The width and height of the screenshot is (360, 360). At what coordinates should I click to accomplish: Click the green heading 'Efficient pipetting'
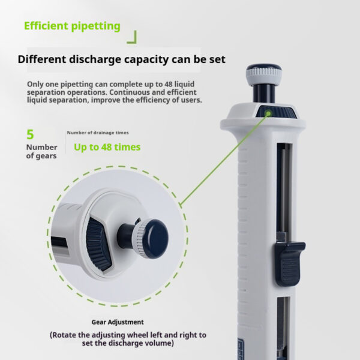click(x=72, y=26)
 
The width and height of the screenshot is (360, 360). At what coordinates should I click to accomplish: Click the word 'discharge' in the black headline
click(x=95, y=59)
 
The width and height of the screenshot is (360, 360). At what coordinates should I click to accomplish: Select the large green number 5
click(x=30, y=134)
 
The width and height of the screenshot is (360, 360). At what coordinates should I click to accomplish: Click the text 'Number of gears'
click(x=41, y=152)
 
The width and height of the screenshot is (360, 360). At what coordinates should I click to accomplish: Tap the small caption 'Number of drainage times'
click(x=98, y=133)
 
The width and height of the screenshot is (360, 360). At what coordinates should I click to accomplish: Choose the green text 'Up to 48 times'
click(x=107, y=147)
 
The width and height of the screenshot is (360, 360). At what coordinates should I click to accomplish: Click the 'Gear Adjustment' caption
click(x=118, y=322)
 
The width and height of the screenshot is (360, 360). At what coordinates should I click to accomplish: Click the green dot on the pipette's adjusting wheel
click(x=268, y=113)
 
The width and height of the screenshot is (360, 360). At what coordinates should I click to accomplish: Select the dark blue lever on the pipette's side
click(x=290, y=264)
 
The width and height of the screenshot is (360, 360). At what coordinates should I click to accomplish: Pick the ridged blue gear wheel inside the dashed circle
click(x=98, y=244)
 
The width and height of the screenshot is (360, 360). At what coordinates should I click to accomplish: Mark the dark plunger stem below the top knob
click(x=264, y=94)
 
